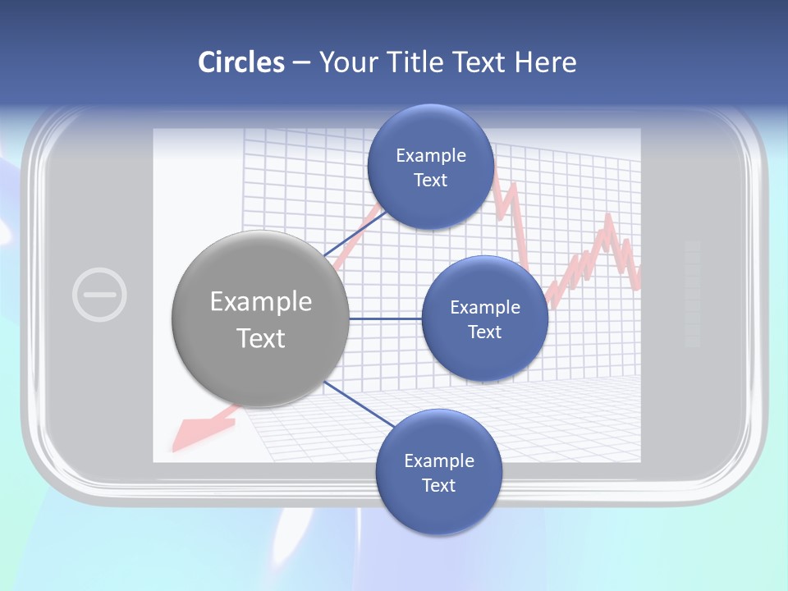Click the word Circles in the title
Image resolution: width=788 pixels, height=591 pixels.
[x=241, y=62]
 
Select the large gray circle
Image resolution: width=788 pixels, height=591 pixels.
[x=260, y=319]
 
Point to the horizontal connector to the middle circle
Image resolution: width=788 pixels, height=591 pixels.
[x=386, y=318]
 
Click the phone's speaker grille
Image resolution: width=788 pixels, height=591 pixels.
[x=692, y=293]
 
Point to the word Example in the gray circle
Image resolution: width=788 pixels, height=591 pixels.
[x=260, y=301]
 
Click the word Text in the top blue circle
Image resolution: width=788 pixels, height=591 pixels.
[x=430, y=180]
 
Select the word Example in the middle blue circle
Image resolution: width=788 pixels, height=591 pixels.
[x=484, y=307]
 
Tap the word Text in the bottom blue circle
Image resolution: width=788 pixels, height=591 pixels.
[x=438, y=485]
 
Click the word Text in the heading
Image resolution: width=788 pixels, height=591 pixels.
[x=478, y=62]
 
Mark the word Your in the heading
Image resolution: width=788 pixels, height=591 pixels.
[x=346, y=62]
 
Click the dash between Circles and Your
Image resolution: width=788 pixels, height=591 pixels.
[x=301, y=63]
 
